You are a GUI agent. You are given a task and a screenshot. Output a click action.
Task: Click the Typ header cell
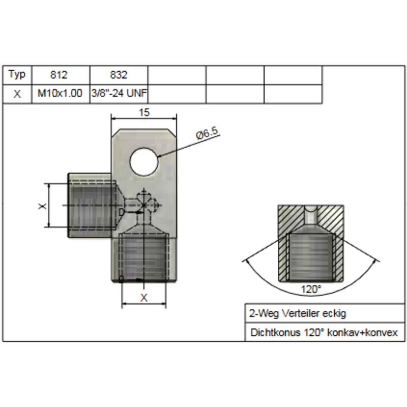coord(17,75)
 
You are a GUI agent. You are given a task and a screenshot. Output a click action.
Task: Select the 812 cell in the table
coord(59,75)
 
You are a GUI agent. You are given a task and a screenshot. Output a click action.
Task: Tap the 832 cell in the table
coord(119,75)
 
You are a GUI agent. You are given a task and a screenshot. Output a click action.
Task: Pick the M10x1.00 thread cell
coord(60,93)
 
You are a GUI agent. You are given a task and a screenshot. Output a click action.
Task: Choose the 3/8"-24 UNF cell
coord(119,93)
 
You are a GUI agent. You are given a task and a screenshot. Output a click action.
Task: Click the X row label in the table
coord(17,94)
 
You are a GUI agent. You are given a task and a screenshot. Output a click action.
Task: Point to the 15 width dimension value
coord(144,112)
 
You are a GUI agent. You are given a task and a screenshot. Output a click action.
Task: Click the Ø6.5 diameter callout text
coord(208,133)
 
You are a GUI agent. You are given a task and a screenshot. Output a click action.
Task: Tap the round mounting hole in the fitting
coord(144,161)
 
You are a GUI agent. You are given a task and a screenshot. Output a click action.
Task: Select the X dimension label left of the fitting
coord(42,207)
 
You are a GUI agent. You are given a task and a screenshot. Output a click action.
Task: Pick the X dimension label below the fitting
coord(144,298)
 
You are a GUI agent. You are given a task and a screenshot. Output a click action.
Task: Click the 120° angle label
coord(311,289)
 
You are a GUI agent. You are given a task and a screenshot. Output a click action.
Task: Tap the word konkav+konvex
coord(362,333)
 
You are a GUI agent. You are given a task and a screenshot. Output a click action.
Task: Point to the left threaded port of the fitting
coord(92,206)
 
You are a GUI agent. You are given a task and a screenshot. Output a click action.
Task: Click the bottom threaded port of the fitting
coord(144,257)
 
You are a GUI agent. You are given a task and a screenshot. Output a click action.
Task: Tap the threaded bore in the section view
coord(310,257)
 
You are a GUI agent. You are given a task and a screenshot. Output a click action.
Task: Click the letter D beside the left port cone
coord(121,213)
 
